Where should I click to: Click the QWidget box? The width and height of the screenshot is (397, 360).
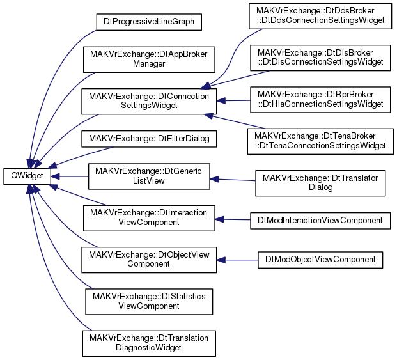pos(27,176)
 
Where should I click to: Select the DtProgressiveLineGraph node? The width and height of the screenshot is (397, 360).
pos(149,22)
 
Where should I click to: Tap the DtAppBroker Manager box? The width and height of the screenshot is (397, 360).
pos(149,59)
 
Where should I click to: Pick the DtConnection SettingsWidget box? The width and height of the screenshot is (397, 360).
pos(149,101)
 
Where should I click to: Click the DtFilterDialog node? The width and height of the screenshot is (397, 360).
pos(149,139)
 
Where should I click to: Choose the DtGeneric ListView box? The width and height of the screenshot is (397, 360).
pos(149,176)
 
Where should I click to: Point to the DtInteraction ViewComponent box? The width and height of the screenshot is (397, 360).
pos(149,218)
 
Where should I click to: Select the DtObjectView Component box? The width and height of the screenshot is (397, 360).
pos(149,260)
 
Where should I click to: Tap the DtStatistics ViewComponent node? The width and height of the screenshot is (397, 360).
pos(149,302)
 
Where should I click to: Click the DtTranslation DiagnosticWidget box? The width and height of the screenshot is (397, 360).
pos(149,343)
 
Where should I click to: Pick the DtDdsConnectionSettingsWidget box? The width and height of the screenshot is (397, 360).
pos(320,16)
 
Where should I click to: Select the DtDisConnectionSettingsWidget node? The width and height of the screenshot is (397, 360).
pos(320,58)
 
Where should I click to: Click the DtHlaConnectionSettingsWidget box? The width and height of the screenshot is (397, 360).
pos(320,100)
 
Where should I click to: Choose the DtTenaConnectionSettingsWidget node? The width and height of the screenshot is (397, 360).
pos(320,141)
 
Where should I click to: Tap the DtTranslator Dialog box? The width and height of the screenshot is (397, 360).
pos(320,183)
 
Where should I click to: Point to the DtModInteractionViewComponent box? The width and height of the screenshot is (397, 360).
pos(320,221)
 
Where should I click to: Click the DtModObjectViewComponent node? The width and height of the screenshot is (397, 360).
pos(320,260)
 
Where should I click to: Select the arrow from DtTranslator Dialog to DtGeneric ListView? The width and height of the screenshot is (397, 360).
pos(233,180)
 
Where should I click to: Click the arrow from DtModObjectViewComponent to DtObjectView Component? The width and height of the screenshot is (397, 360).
pos(237,260)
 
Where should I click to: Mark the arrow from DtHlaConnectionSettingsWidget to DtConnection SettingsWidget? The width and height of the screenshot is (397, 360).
pos(233,101)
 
